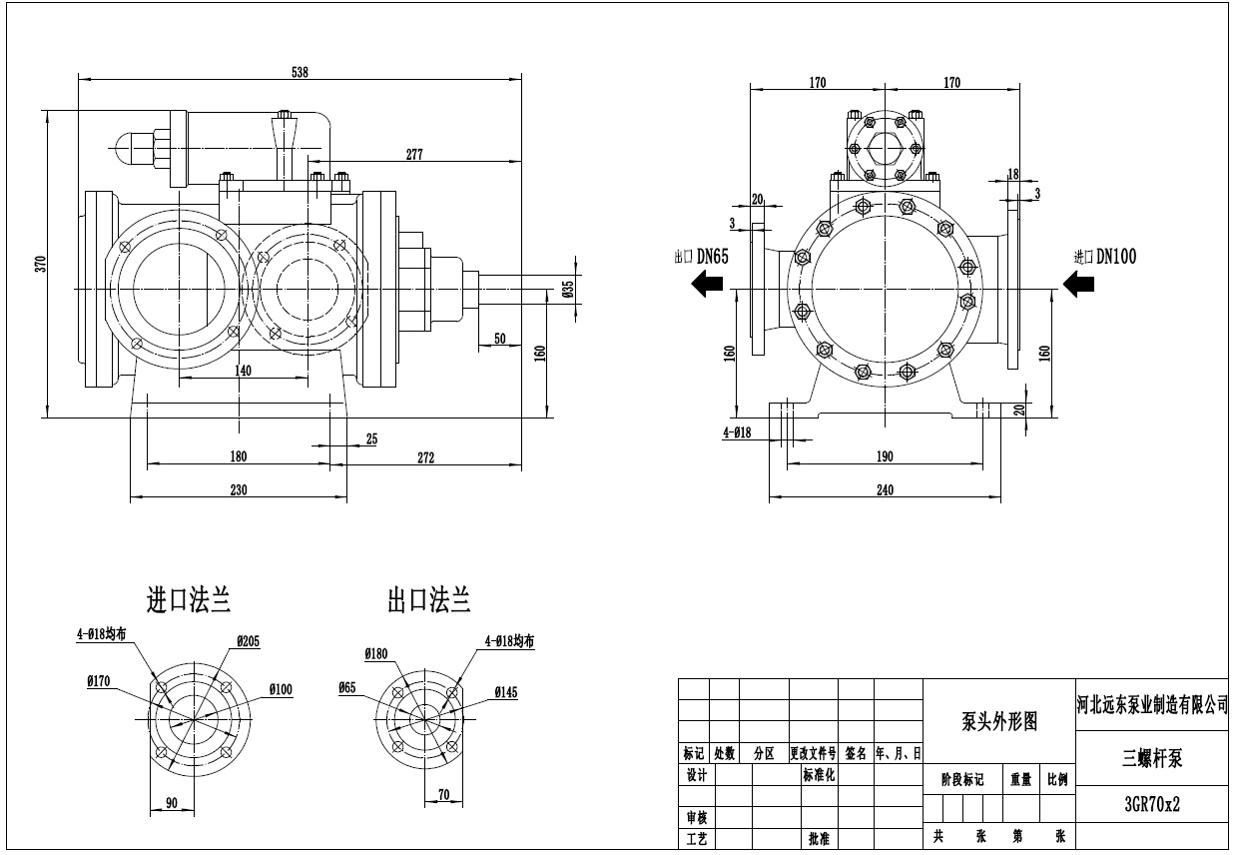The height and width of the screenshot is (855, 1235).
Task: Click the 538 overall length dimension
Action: coord(300,71)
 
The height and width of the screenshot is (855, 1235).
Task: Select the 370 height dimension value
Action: coord(41,264)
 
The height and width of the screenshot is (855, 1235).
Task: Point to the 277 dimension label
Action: coord(414,154)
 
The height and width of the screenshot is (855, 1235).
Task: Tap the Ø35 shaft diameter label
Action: coord(568,290)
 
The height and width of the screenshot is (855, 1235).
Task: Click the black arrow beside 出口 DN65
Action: coord(708,285)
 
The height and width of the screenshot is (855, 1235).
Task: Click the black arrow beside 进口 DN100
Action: coord(1078,285)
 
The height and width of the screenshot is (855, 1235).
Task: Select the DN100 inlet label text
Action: coord(1115,257)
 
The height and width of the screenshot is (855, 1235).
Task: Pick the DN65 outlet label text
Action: coord(710,257)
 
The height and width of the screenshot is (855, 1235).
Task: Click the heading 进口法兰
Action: coord(189,600)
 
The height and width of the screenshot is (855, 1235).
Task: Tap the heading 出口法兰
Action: coord(429,600)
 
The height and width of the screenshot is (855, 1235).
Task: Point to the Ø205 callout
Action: coord(248,641)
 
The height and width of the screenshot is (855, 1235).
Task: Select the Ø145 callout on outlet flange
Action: coord(505,691)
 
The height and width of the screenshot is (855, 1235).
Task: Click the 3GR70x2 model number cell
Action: coord(1152,802)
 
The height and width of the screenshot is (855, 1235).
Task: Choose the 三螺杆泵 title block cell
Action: coord(1152,759)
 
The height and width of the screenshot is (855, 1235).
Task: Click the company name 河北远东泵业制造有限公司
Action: coord(1152,705)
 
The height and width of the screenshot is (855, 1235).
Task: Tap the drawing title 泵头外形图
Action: coord(998,721)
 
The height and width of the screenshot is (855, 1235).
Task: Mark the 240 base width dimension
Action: coord(885,489)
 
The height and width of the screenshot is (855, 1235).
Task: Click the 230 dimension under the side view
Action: coord(239,489)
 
